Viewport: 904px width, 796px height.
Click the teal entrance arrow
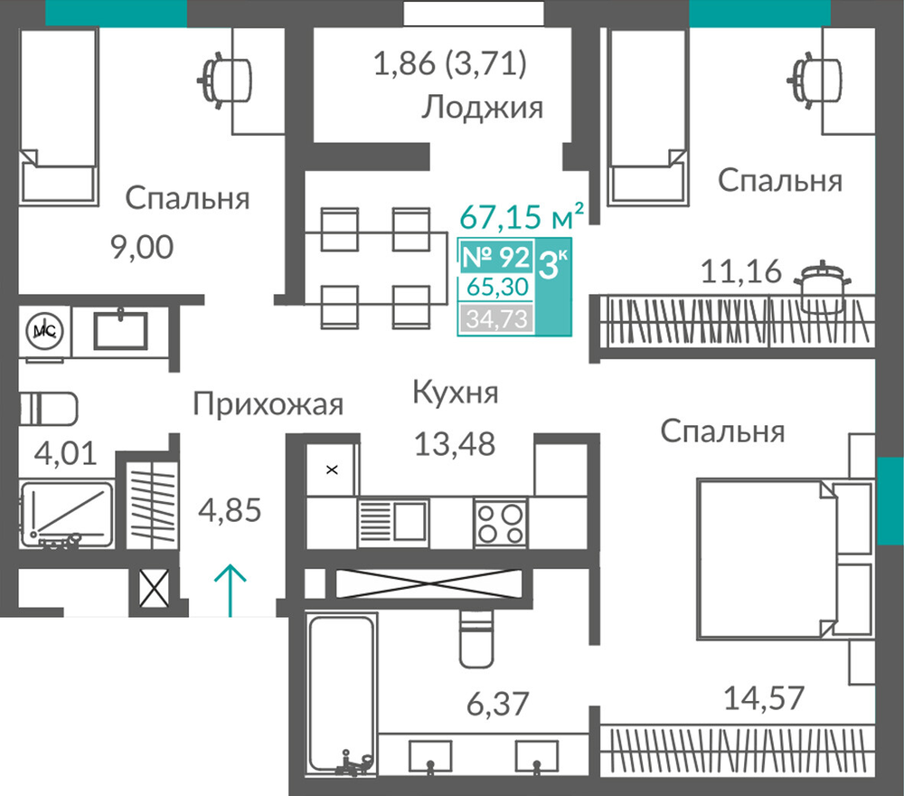pos(231,590)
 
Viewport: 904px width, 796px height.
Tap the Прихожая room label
pos(268,403)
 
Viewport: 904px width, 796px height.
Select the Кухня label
pos(456,393)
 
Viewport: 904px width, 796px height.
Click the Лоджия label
pos(483,108)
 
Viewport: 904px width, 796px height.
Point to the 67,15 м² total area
pos(522,216)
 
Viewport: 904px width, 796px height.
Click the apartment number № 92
pos(495,257)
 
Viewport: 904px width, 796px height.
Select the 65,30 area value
pos(497,287)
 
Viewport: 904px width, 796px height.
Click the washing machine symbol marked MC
pos(44,330)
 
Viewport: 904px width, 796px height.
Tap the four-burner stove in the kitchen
pos(501,523)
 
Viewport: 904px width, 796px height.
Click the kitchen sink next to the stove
pos(393,522)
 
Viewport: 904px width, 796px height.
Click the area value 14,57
pos(764,698)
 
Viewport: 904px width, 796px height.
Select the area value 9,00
pos(142,247)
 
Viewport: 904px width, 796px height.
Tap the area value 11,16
pos(741,271)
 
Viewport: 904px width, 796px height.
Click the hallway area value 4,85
pos(230,510)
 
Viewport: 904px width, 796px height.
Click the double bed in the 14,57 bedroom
pos(785,558)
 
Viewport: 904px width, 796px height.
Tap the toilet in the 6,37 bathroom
pos(476,639)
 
